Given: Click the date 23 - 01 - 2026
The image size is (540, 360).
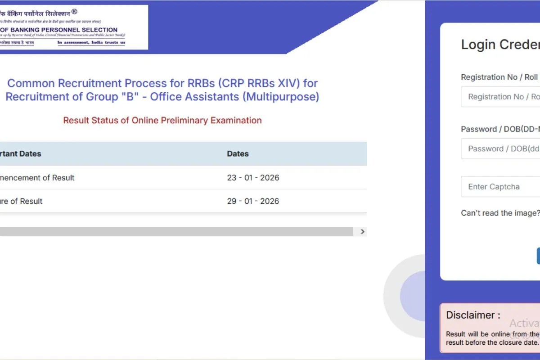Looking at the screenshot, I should pos(253,178).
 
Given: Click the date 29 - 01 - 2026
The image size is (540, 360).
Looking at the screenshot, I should pos(253,201).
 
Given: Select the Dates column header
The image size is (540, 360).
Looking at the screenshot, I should pos(238,154).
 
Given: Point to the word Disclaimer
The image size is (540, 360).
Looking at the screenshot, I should pos(472,315).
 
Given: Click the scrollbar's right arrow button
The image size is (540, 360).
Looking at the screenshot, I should pos(363,232).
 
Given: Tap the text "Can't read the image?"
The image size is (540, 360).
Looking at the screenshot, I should pos(500,213).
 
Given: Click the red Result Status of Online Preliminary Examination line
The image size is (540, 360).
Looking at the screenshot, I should pos(162,121).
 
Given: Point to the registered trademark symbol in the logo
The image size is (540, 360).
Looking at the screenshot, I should pos(74,12).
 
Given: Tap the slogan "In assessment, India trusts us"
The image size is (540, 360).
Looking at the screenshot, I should pos(91,43).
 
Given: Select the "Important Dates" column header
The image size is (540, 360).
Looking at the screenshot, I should pos(20,154).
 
